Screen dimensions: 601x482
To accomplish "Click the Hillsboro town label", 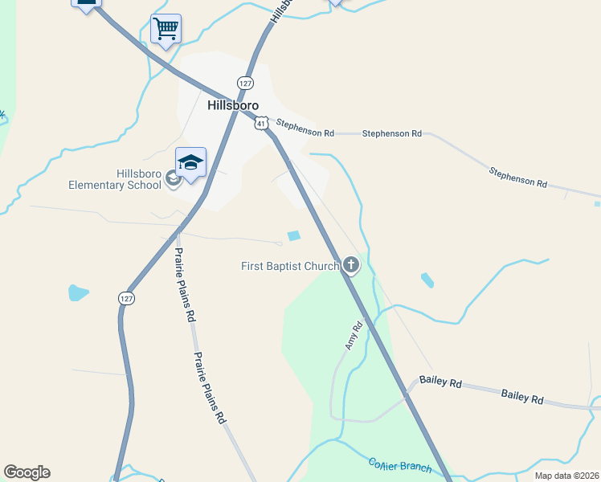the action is pyautogui.click(x=233, y=105).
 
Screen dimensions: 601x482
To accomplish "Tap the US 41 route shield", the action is pyautogui.click(x=261, y=122).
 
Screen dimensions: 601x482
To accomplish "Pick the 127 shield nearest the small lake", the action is pyautogui.click(x=128, y=298).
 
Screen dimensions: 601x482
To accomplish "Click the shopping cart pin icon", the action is pyautogui.click(x=166, y=29).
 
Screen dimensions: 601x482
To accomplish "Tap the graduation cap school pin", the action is pyautogui.click(x=190, y=163).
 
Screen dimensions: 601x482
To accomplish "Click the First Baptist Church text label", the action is pyautogui.click(x=290, y=266).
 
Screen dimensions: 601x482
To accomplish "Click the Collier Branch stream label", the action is pyautogui.click(x=400, y=465).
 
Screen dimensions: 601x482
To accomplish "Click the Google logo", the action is pyautogui.click(x=27, y=472).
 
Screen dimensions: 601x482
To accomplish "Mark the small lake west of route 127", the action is pyautogui.click(x=78, y=292).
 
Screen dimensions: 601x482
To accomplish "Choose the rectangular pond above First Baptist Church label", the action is pyautogui.click(x=294, y=235).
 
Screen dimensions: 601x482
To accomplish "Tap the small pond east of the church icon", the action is pyautogui.click(x=427, y=280).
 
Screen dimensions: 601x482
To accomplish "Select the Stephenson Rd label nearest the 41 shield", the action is pyautogui.click(x=305, y=128).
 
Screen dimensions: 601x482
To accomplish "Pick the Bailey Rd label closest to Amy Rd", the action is pyautogui.click(x=440, y=382).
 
